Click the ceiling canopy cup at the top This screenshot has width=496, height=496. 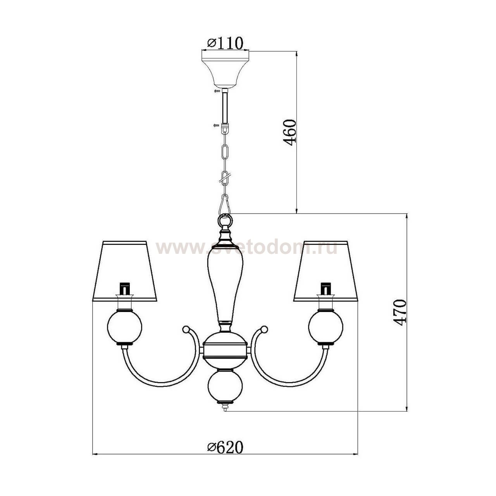click(x=225, y=69)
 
